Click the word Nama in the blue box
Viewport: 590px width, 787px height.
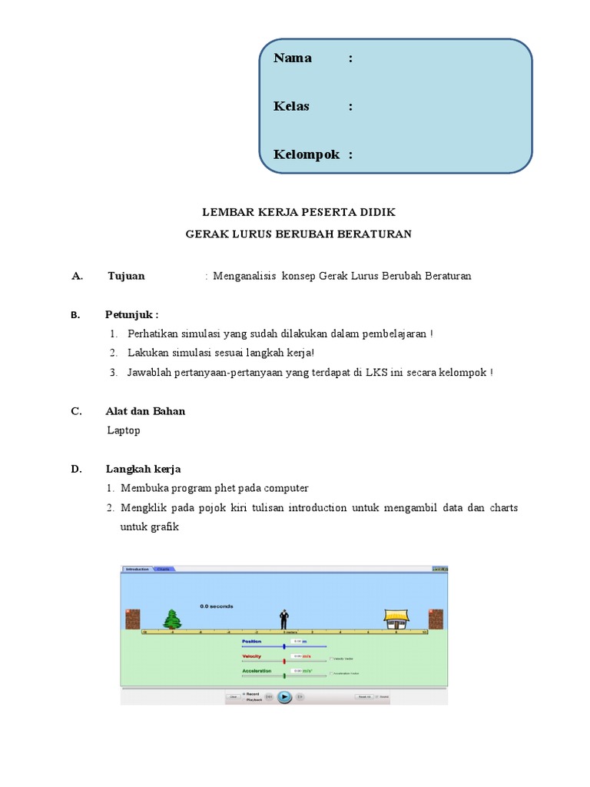pyautogui.click(x=293, y=58)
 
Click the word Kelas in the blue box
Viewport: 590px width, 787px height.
pyautogui.click(x=291, y=106)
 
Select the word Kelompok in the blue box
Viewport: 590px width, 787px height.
pyautogui.click(x=306, y=154)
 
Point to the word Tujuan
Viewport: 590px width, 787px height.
pyautogui.click(x=126, y=276)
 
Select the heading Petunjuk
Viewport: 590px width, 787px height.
pyautogui.click(x=131, y=314)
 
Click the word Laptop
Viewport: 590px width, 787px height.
pyautogui.click(x=124, y=430)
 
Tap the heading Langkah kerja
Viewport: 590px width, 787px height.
pyautogui.click(x=143, y=469)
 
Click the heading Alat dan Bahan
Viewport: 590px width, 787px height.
pyautogui.click(x=145, y=411)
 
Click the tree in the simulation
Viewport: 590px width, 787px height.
pyautogui.click(x=172, y=619)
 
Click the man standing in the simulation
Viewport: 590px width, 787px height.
pyautogui.click(x=283, y=619)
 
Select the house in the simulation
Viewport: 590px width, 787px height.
pyautogui.click(x=396, y=619)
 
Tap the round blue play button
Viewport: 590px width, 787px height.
pyautogui.click(x=284, y=696)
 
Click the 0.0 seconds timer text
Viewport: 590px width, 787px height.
pyautogui.click(x=216, y=606)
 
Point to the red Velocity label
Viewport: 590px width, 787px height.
pyautogui.click(x=252, y=656)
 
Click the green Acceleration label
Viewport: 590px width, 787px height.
pyautogui.click(x=257, y=671)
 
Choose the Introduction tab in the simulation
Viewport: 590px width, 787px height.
pyautogui.click(x=138, y=569)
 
